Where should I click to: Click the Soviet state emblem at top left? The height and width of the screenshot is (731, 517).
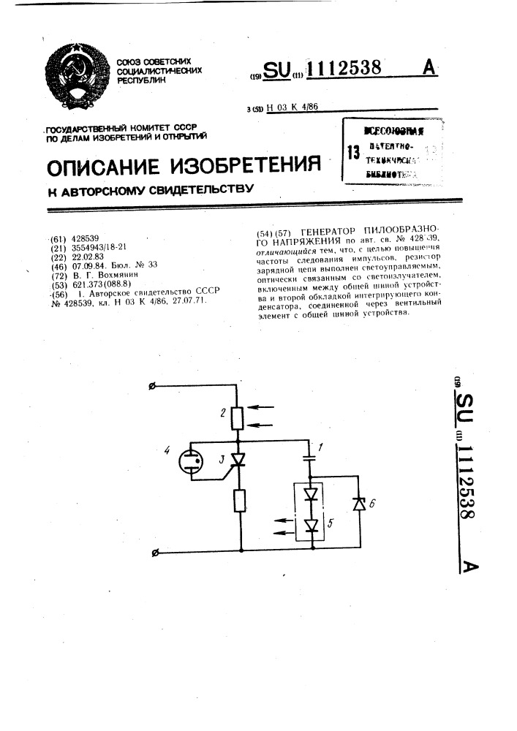point(77,72)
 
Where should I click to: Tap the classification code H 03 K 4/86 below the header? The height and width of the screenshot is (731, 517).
point(294,107)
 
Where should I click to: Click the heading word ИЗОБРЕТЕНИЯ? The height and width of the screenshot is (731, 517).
point(246,165)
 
